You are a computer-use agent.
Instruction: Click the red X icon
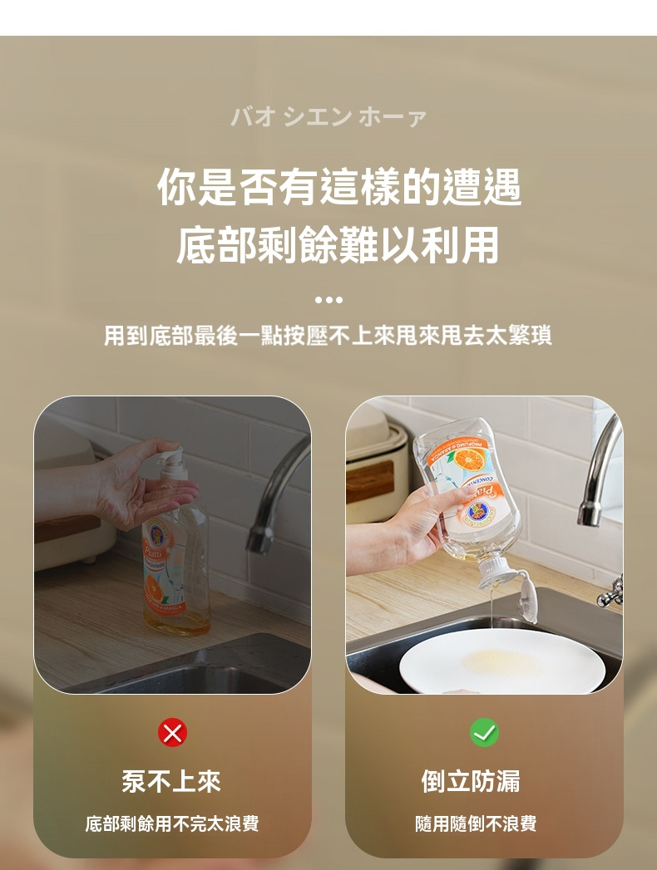coord(172,733)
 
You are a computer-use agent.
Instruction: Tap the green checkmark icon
coord(484,732)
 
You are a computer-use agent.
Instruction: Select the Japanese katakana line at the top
coord(328,117)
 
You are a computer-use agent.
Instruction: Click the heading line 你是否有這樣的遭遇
coord(339,187)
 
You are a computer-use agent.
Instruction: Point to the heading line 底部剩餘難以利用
coord(338,244)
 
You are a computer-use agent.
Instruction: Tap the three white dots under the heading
coord(328,300)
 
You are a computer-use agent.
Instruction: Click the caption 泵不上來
coord(171,782)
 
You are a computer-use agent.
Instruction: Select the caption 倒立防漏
coord(471,782)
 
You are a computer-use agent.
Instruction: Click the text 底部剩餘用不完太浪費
coord(172,823)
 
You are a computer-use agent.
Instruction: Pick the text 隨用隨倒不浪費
coord(476,823)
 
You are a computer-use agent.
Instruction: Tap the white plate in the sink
coord(502,661)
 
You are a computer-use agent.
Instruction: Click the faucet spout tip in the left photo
coord(259,541)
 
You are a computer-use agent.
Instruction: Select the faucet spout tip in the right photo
coord(588,513)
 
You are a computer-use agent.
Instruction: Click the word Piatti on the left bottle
coord(154,553)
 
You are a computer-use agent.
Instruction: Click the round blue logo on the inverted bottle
coord(478,511)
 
